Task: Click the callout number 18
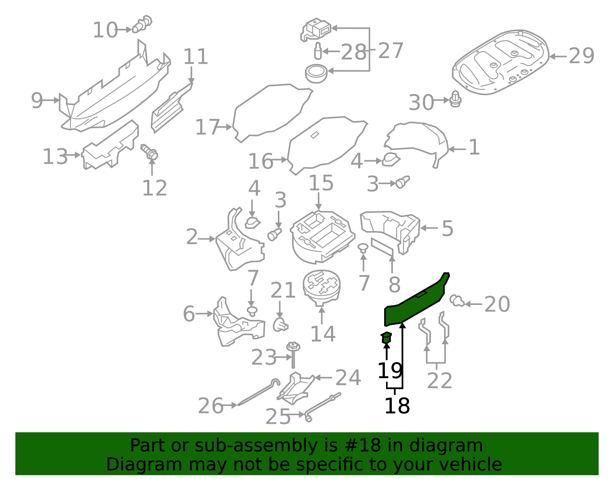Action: (x=397, y=406)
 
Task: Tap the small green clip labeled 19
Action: (x=386, y=338)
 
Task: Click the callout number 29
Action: (x=581, y=56)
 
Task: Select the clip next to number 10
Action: (x=142, y=24)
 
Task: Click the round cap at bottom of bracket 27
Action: (x=316, y=73)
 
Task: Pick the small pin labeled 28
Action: (x=318, y=51)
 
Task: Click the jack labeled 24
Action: (x=295, y=388)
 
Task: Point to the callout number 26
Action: (x=210, y=406)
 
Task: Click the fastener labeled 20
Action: (x=456, y=301)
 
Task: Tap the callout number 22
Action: (x=439, y=381)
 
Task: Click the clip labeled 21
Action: (x=281, y=325)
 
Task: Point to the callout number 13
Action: (x=55, y=156)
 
